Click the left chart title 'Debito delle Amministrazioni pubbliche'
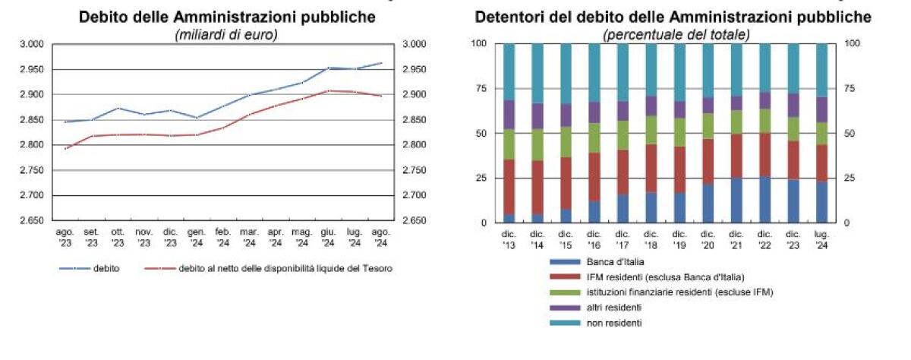point(227,17)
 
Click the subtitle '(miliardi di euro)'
point(226,34)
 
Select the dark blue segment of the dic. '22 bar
point(764,200)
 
